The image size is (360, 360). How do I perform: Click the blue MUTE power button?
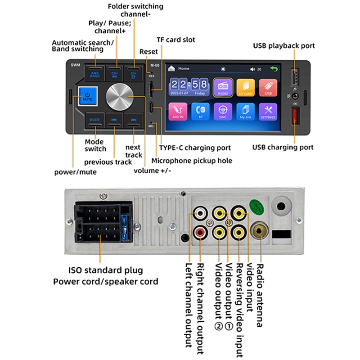(87, 96)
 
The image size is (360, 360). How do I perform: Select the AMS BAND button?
(94, 73)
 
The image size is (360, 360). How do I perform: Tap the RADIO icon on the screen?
(223, 87)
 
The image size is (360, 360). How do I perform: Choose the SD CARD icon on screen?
(245, 87)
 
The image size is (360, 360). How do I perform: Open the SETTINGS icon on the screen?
(268, 111)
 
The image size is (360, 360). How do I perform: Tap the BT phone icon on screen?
(201, 111)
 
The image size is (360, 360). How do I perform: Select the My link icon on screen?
(246, 111)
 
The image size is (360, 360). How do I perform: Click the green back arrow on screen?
(274, 69)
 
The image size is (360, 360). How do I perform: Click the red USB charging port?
(295, 118)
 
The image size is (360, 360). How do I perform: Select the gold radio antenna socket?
(259, 232)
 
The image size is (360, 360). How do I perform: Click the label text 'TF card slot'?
(175, 40)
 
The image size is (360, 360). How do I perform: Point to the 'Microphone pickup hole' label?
(192, 161)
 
